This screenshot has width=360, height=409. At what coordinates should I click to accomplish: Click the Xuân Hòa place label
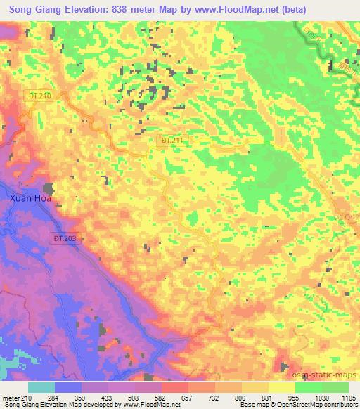(32, 198)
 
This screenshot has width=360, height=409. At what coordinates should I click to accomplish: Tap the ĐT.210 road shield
(40, 95)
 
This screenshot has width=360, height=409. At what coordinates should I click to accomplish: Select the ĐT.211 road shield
(172, 141)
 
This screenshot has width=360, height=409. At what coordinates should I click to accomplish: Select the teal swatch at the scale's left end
(41, 387)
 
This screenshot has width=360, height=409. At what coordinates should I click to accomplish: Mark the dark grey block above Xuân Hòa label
(49, 188)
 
